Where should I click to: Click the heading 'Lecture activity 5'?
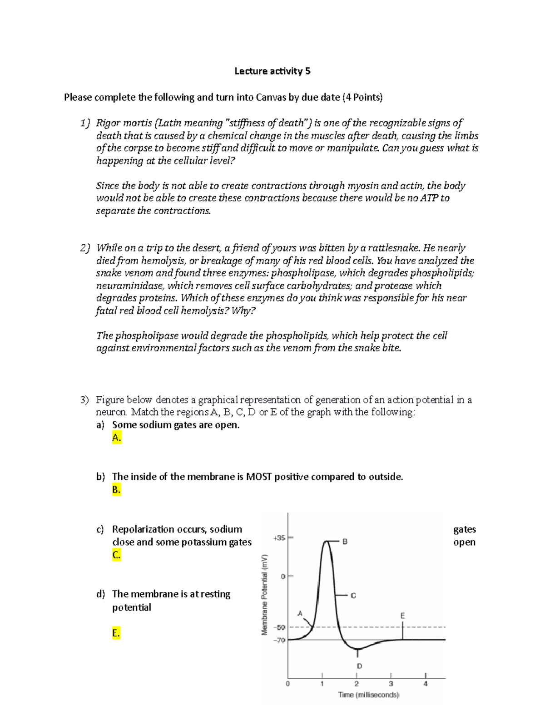272,71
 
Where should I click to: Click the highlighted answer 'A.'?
116,438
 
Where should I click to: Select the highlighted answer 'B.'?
116,489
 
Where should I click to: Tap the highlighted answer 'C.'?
116,555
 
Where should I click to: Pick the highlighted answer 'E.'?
116,633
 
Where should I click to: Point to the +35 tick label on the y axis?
278,538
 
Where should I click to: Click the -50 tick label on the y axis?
279,627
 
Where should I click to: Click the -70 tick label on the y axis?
279,640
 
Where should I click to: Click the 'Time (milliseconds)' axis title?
368,695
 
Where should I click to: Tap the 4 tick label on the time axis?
426,684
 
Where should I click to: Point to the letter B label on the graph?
345,542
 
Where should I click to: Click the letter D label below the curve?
359,666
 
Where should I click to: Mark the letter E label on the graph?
402,616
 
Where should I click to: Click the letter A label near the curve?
300,613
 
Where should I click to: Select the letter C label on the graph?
353,595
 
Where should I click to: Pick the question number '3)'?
85,400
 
